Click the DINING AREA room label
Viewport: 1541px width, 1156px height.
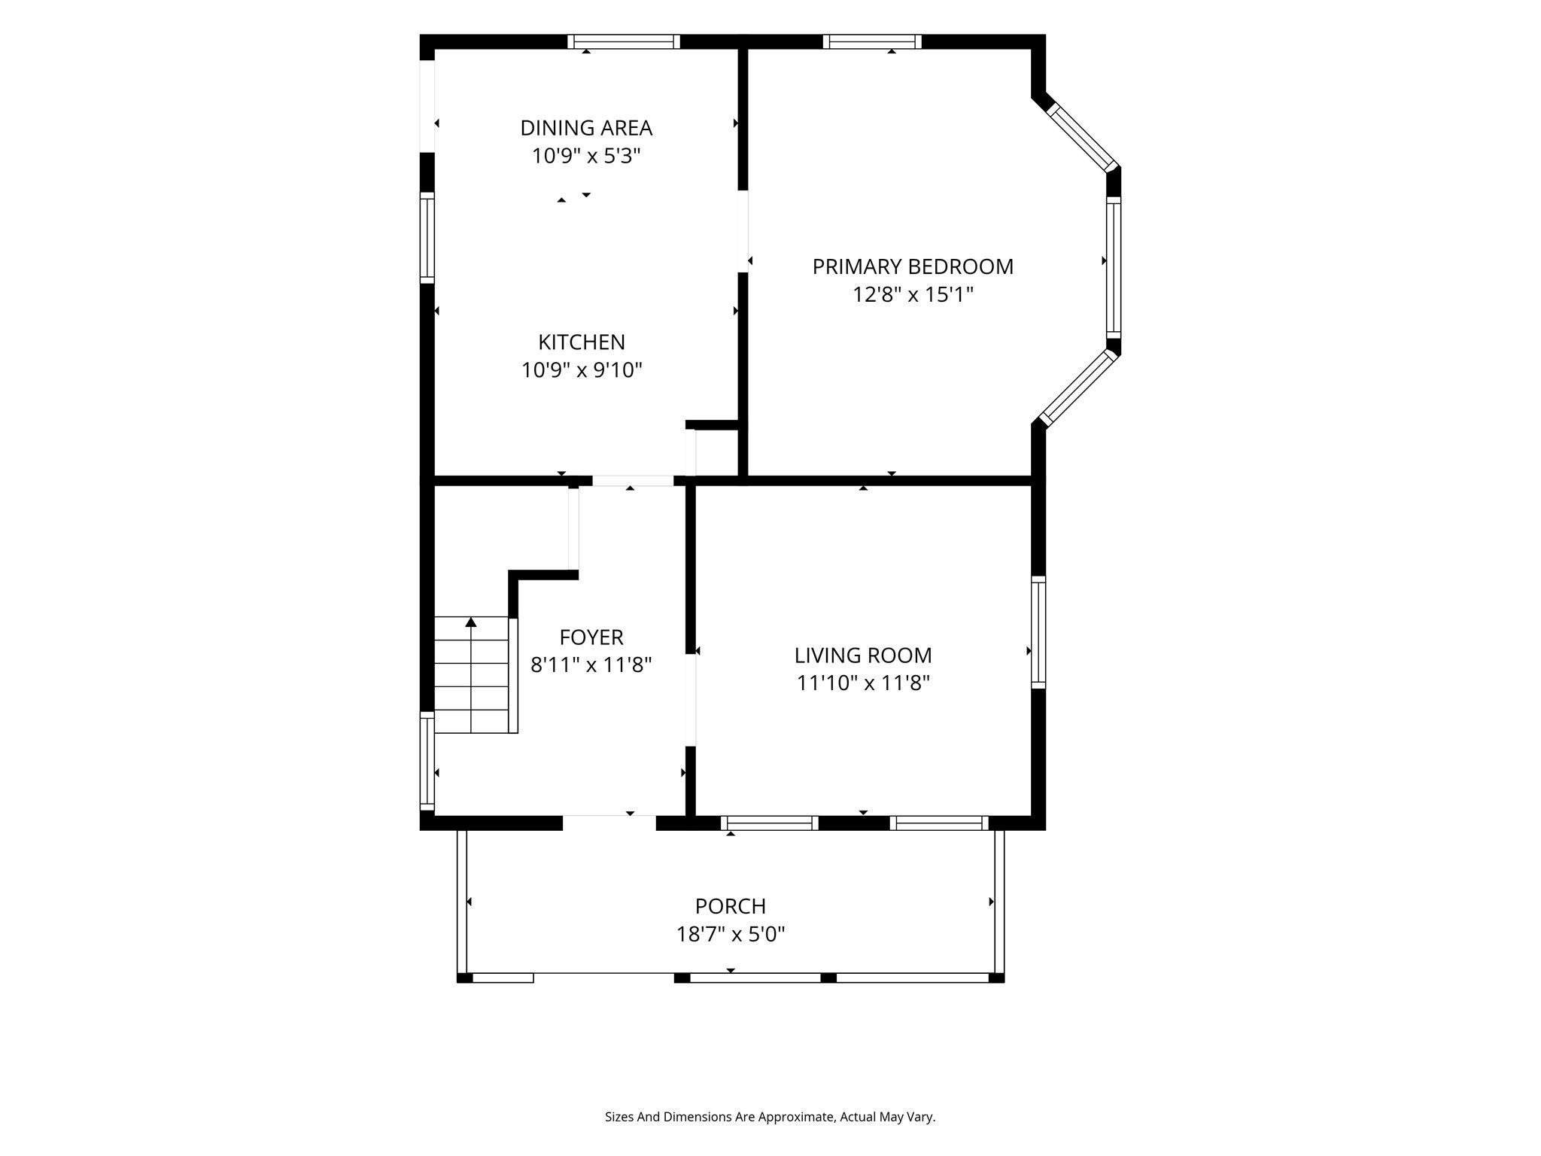586,128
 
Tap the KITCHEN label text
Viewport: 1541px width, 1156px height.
582,342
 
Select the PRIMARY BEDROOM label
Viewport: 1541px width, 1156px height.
913,266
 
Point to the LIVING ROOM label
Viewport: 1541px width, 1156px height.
863,656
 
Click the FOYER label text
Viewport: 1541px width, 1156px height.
591,637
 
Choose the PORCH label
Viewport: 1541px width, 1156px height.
731,906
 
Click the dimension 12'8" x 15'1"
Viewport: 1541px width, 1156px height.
913,294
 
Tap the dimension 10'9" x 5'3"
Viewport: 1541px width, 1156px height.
586,156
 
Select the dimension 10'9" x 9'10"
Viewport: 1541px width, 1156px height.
582,370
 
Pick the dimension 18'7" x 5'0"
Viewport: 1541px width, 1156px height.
731,934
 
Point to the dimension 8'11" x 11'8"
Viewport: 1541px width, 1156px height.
591,665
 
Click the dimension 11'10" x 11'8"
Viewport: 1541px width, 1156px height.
863,683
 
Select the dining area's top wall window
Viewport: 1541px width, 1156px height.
624,42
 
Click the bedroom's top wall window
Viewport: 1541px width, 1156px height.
873,42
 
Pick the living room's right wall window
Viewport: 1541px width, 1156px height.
1038,632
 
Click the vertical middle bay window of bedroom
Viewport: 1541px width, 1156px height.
1114,268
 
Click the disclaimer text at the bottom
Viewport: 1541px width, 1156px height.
770,1118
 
